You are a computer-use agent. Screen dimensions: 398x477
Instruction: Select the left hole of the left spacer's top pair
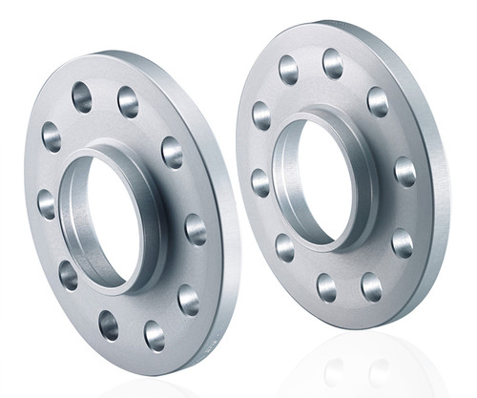coord(82,96)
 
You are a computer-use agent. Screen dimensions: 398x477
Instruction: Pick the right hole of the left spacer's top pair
coord(128,101)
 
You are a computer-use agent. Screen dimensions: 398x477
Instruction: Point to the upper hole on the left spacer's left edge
coord(52,136)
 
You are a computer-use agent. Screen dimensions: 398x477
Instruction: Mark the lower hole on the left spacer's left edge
coord(46,203)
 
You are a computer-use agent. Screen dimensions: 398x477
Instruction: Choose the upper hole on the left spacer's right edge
coord(172,152)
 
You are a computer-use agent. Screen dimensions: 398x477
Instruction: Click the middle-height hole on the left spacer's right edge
coord(195,229)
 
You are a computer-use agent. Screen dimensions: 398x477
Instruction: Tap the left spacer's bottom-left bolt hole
coord(68,275)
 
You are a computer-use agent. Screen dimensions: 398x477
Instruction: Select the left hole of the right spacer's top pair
coord(288,69)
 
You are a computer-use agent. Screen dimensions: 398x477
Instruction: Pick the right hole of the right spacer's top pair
coord(332,64)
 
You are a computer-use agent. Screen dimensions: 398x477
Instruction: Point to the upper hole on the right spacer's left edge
coord(261,115)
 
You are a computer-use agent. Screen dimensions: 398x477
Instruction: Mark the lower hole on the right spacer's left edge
coord(259,181)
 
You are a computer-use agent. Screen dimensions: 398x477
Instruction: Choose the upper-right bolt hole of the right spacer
coord(378,101)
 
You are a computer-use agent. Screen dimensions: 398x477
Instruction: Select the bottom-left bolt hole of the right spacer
coord(285,246)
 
